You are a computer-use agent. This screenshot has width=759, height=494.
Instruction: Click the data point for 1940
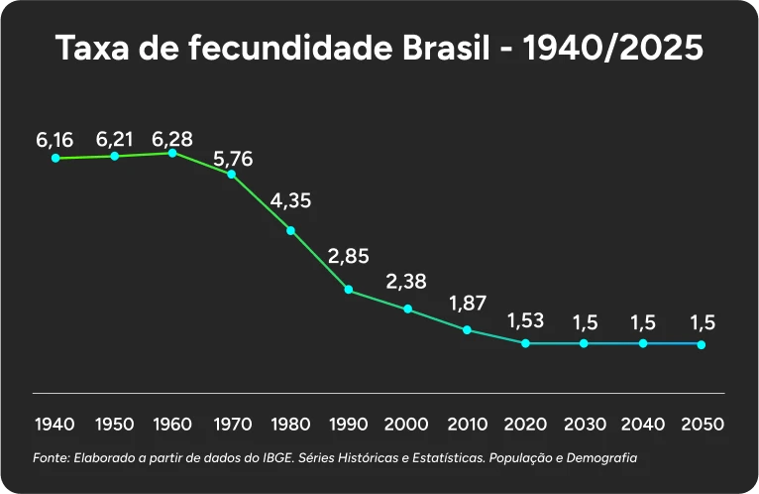pyautogui.click(x=55, y=158)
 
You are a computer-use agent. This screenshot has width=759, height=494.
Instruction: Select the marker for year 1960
pyautogui.click(x=173, y=153)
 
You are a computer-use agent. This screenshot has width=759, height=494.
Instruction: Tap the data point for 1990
pyautogui.click(x=349, y=290)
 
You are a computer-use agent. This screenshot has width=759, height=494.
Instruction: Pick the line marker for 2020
pyautogui.click(x=525, y=343)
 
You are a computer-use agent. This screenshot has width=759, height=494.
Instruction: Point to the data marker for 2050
pyautogui.click(x=702, y=344)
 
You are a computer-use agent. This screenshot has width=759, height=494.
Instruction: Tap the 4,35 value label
pyautogui.click(x=290, y=200)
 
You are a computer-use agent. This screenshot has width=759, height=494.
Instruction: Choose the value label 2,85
pyautogui.click(x=348, y=256)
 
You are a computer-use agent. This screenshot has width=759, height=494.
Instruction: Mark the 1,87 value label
pyautogui.click(x=466, y=303)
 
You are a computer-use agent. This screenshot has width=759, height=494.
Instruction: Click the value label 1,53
pyautogui.click(x=525, y=321)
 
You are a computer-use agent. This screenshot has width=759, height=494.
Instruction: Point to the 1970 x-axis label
pyautogui.click(x=232, y=425)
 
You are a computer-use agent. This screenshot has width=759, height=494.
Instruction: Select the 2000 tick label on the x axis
pyautogui.click(x=406, y=425)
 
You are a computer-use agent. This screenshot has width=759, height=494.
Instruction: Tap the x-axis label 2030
pyautogui.click(x=584, y=425)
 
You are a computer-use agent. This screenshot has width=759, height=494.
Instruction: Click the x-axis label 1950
pyautogui.click(x=115, y=425)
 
